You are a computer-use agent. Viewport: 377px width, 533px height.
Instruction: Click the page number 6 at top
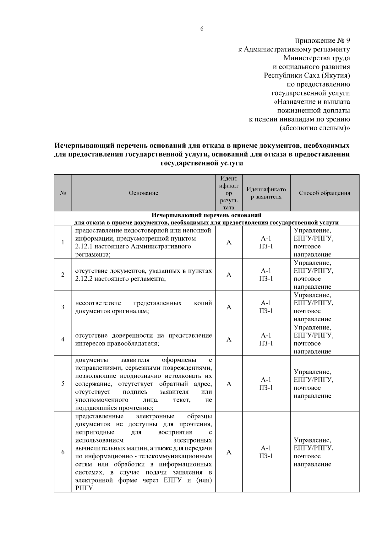point(202,29)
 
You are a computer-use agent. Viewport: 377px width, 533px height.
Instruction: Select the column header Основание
point(144,193)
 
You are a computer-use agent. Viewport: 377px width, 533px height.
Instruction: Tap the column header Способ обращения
point(325,193)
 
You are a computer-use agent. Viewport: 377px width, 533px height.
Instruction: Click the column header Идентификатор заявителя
point(266,193)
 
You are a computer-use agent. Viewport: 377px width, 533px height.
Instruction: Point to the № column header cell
point(63,193)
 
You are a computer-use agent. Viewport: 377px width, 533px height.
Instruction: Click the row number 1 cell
point(63,242)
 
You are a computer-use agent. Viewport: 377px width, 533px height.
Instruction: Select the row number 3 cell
point(63,307)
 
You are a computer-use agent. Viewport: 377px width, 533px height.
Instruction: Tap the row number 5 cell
point(63,383)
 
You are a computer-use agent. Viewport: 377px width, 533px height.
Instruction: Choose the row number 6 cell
point(63,452)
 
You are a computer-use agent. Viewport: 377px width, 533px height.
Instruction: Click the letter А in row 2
point(229,275)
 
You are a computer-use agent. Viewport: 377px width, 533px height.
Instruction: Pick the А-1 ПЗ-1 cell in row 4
point(266,339)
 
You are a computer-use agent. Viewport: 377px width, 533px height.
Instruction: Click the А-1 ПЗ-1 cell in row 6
point(266,452)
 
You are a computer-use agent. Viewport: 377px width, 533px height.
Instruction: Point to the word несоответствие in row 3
point(98,303)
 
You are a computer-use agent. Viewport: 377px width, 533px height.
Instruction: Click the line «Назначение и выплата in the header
point(312,102)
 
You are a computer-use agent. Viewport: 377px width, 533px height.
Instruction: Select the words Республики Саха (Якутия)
point(307,76)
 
